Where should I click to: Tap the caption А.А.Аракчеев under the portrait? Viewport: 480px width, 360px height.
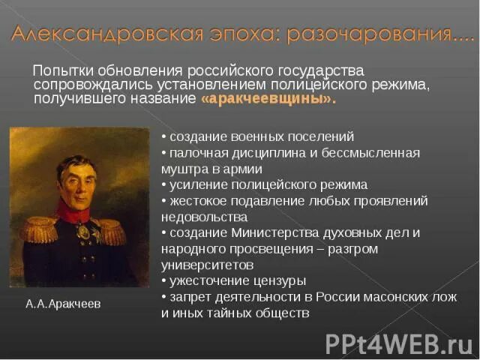(63, 304)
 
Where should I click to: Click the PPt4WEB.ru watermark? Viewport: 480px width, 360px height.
(398, 343)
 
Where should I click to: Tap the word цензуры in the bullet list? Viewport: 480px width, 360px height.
(280, 280)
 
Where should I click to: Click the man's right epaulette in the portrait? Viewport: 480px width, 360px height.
(37, 229)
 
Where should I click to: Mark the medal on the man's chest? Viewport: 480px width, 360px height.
(83, 232)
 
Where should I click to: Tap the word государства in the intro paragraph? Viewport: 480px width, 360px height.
(323, 70)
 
